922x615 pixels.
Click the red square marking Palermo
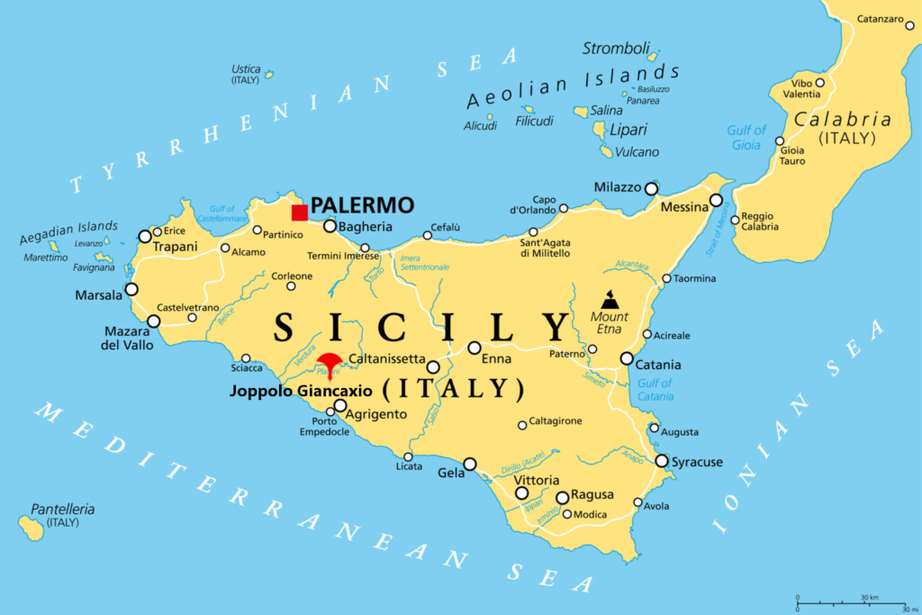click(x=299, y=213)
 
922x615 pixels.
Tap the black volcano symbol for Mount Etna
click(x=610, y=299)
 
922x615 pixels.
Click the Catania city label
click(x=659, y=366)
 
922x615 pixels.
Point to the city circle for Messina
click(x=716, y=201)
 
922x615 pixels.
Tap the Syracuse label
click(x=697, y=462)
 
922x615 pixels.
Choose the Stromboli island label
click(x=616, y=49)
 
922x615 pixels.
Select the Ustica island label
click(x=246, y=68)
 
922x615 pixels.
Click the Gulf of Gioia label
click(x=746, y=138)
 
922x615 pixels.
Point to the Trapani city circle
click(x=145, y=237)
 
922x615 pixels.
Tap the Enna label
click(x=496, y=359)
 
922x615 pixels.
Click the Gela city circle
click(x=470, y=465)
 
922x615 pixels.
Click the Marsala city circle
click(x=131, y=289)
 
